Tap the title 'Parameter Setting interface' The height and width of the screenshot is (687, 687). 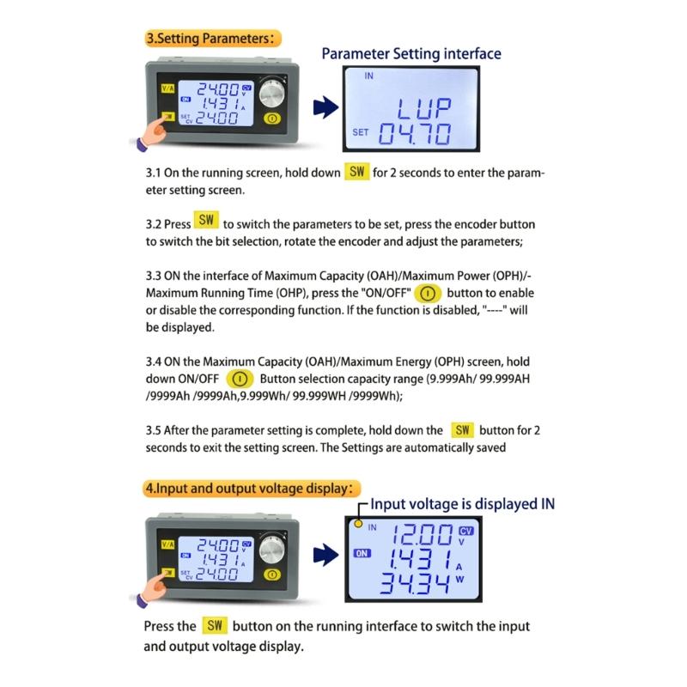tap(410, 53)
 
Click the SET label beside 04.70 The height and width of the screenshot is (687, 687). tap(362, 132)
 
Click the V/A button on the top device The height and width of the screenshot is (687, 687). tap(165, 88)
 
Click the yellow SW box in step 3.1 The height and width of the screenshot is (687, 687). tap(357, 172)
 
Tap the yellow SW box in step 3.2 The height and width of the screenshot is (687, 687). tap(206, 220)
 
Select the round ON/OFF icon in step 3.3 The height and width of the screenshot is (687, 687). tap(426, 294)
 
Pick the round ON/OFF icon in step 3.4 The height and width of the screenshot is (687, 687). tap(240, 379)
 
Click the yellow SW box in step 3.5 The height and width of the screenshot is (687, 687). tap(463, 429)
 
